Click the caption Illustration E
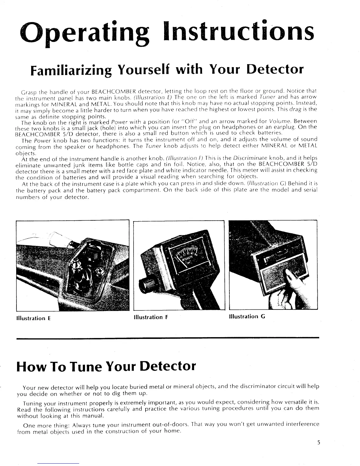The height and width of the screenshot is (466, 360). tap(34, 318)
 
